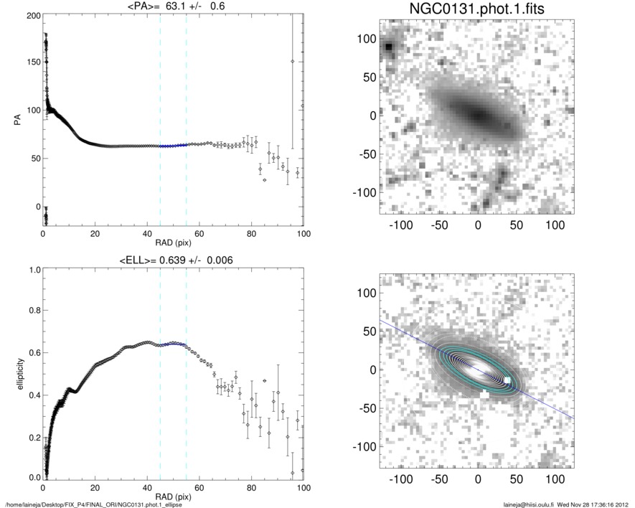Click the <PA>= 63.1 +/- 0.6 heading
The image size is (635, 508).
pyautogui.click(x=174, y=6)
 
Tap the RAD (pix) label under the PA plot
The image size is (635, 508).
pyautogui.click(x=173, y=243)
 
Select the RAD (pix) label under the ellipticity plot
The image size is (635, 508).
pyautogui.click(x=173, y=496)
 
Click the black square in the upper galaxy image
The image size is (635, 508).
pyautogui.click(x=388, y=47)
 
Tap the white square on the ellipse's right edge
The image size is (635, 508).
pyautogui.click(x=507, y=380)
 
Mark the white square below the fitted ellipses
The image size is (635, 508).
pyautogui.click(x=486, y=394)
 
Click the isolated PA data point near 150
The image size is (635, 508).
pyautogui.click(x=293, y=62)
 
